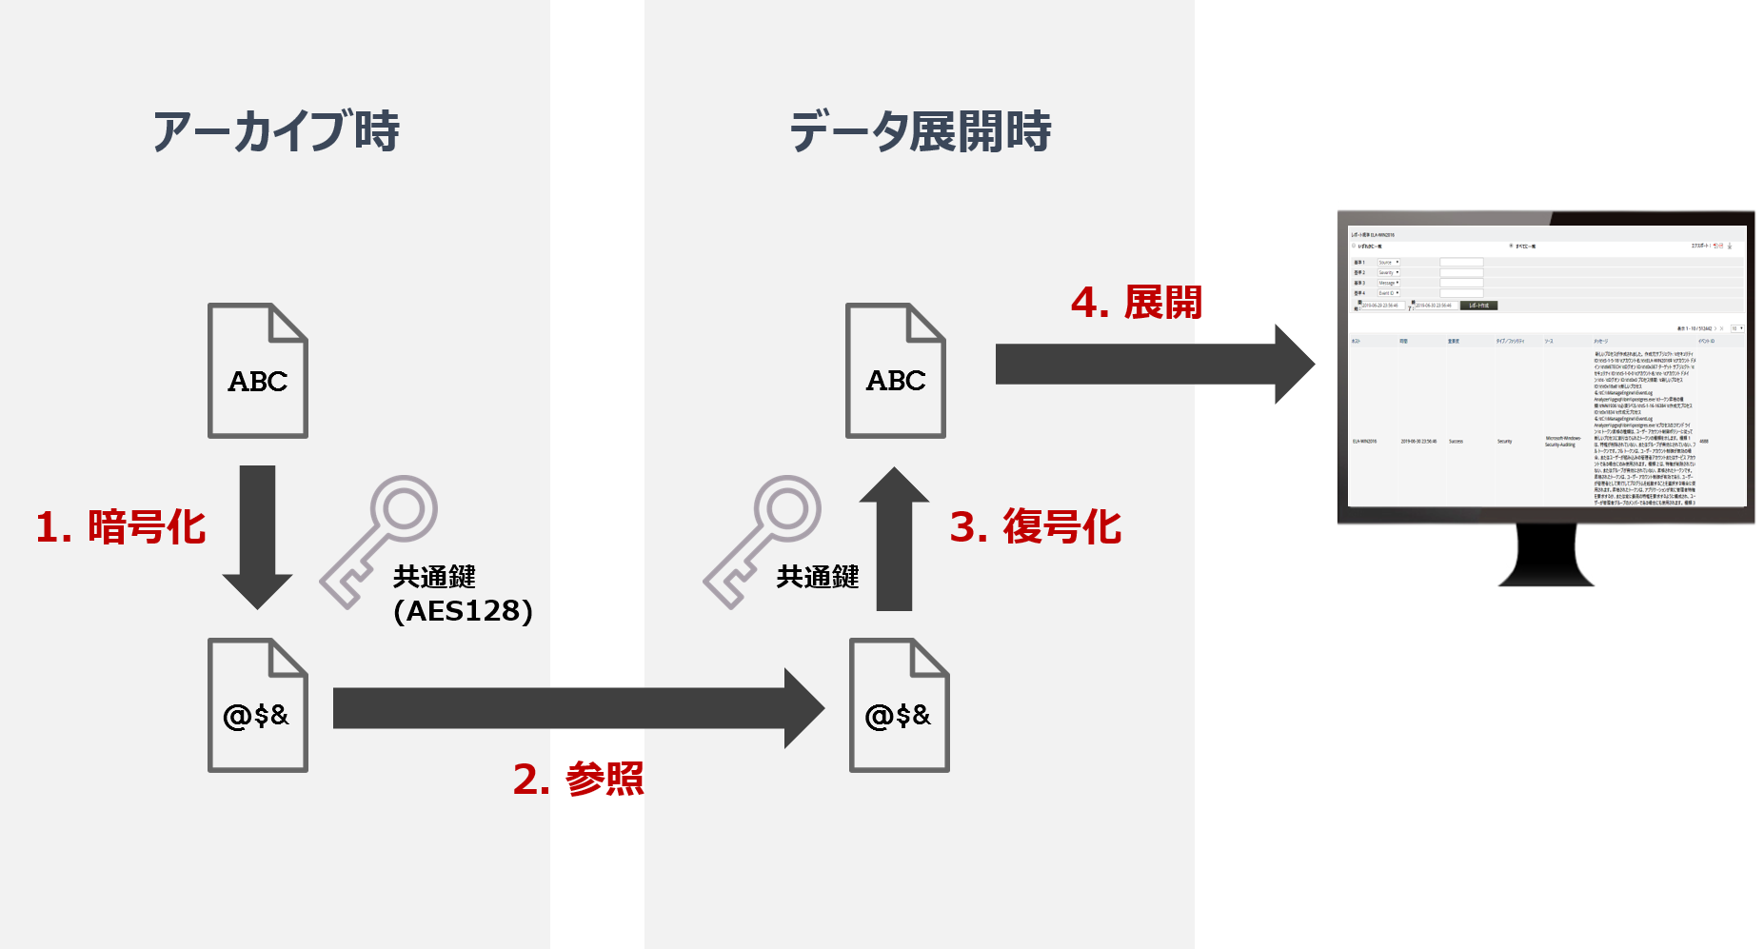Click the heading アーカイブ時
point(276,131)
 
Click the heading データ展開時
point(920,131)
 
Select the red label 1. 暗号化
point(121,527)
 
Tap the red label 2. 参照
point(578,779)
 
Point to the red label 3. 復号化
point(1036,527)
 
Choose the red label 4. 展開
point(1136,303)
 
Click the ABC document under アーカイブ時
point(258,371)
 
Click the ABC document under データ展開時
point(896,371)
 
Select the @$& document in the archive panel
point(258,705)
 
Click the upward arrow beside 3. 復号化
point(894,538)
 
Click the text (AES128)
point(463,611)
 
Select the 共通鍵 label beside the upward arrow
point(818,577)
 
